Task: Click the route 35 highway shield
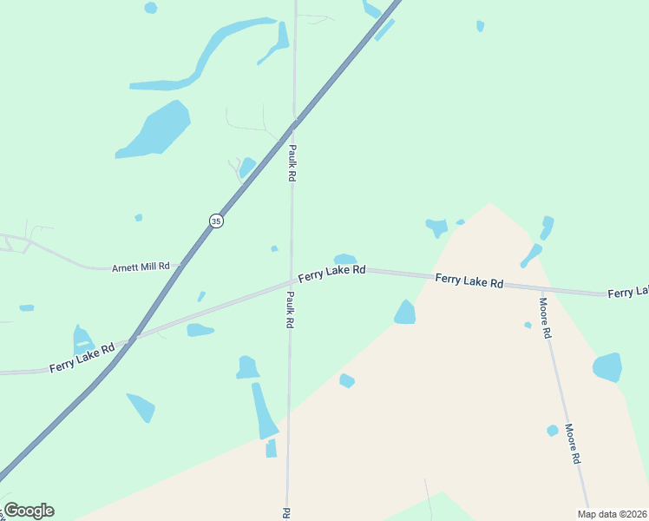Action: point(216,221)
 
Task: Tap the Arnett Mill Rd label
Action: point(140,268)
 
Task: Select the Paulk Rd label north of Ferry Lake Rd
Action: point(292,162)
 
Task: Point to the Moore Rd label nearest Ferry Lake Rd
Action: point(545,318)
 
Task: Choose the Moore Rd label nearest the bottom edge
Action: point(571,443)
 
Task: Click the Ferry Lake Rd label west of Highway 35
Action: point(82,358)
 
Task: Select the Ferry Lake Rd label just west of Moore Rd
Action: point(469,280)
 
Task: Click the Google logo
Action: point(29,511)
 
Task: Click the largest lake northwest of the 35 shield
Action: point(156,130)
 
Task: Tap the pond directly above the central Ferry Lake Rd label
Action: point(345,259)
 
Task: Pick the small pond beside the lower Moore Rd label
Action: point(553,431)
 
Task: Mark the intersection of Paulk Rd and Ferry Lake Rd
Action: point(291,281)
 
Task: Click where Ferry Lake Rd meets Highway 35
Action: point(133,338)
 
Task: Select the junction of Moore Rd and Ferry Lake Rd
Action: point(541,287)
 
